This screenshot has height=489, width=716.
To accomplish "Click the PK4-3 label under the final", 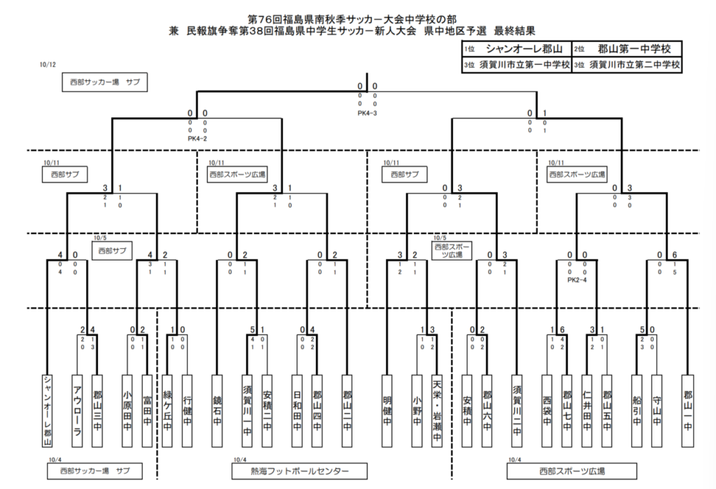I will [367, 112].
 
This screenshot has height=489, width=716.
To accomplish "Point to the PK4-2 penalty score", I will [197, 138].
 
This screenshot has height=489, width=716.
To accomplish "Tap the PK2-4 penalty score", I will [576, 280].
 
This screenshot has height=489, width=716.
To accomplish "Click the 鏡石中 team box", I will [217, 411].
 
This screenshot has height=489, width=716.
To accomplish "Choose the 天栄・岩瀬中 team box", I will [438, 411].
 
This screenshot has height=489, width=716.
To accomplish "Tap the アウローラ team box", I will [77, 411].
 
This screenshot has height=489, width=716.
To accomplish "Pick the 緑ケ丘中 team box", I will [168, 411].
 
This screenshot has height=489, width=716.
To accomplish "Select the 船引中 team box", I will [636, 411].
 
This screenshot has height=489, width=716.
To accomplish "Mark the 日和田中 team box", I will [297, 411].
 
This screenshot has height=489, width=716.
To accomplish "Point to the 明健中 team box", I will [387, 411].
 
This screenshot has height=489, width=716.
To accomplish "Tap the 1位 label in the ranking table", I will [468, 50].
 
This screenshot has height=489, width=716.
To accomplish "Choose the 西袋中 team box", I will [547, 411].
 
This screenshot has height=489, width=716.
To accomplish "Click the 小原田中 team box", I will [127, 411].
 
